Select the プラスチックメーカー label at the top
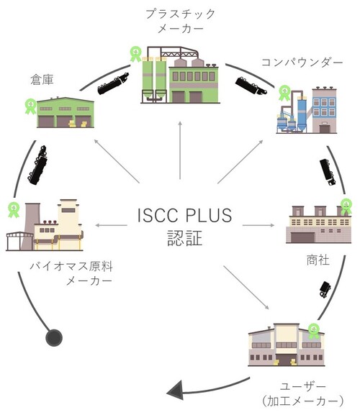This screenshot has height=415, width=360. click(x=180, y=21)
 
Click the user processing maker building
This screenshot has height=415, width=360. click(x=292, y=349)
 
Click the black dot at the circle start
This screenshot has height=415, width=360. click(x=52, y=337)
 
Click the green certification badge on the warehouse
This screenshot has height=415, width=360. click(x=30, y=105)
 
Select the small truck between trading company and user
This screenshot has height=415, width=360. click(x=324, y=288)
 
